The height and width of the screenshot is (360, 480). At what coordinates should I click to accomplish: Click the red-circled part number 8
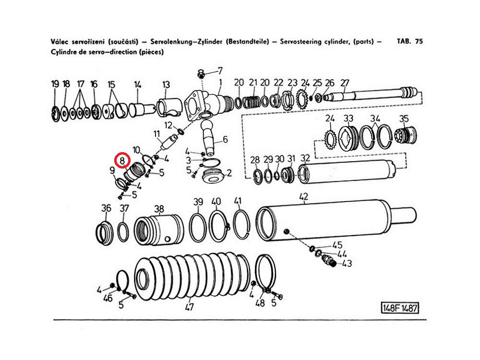(x=122, y=160)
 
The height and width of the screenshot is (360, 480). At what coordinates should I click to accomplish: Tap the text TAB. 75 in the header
(x=410, y=41)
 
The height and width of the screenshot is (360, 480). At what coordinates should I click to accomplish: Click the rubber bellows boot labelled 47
(x=192, y=274)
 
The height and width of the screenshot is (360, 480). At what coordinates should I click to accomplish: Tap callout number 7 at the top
(x=220, y=71)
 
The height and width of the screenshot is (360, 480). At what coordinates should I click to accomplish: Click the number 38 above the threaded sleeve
(x=159, y=209)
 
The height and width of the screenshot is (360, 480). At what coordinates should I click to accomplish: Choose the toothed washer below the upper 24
(x=330, y=139)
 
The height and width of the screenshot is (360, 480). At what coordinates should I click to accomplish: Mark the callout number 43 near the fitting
(x=347, y=263)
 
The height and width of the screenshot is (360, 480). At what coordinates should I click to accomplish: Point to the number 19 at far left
(x=55, y=84)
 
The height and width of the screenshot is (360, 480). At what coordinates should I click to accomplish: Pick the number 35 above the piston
(x=404, y=119)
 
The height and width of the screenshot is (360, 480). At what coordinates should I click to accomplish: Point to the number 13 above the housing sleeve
(x=166, y=84)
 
